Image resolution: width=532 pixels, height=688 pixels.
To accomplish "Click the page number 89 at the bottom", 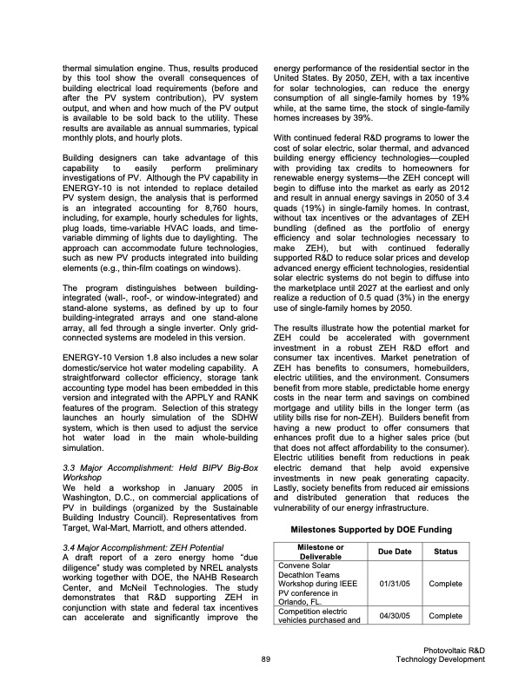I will coord(266,661).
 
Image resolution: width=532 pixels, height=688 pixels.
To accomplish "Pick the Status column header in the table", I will coord(444,551).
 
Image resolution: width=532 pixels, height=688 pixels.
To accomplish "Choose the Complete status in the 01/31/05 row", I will coord(444,584).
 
